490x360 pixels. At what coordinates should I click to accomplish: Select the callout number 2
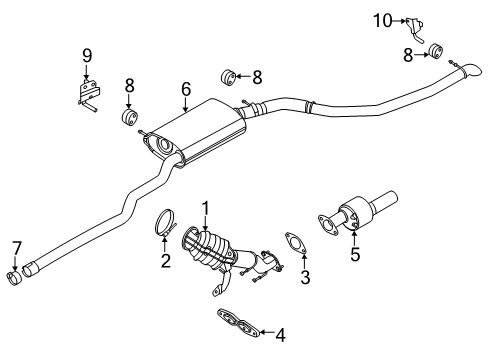[x=167, y=261]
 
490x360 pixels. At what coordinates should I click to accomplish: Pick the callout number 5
[x=353, y=254]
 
